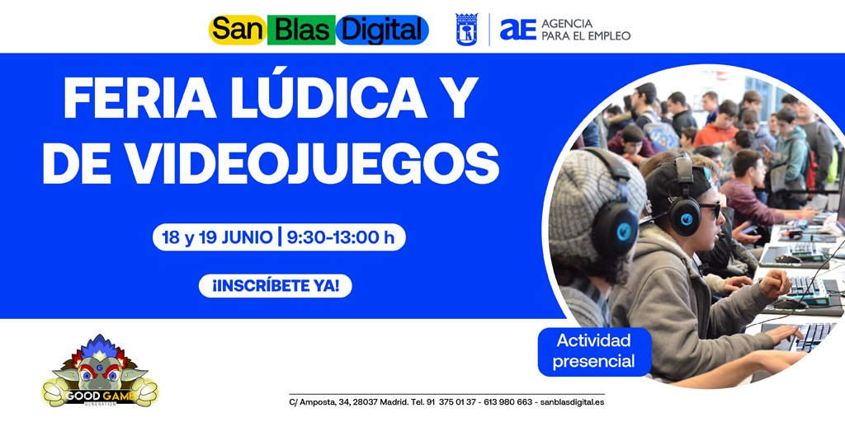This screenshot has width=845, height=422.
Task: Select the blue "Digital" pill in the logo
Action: coord(381,30)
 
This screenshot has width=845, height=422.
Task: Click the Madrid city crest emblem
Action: coord(467,30)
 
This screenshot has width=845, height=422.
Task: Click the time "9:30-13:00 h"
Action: coord(340,238)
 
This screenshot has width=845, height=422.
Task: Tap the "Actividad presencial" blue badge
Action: coord(594,351)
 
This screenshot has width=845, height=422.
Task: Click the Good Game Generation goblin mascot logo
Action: coord(100,372)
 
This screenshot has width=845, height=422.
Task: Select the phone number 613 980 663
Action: coord(507,402)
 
